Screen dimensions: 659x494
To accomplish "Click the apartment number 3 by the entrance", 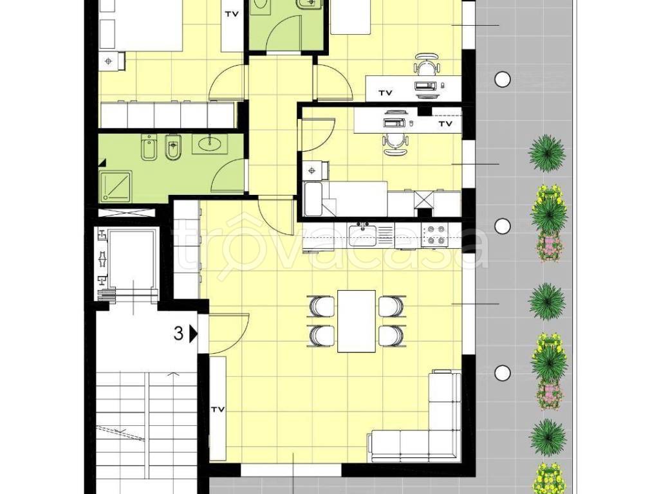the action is pyautogui.click(x=179, y=334).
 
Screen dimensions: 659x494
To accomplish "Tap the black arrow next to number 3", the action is pyautogui.click(x=193, y=334).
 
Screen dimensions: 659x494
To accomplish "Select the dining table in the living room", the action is pyautogui.click(x=357, y=322).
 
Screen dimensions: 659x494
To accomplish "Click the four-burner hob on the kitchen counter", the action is pyautogui.click(x=434, y=235).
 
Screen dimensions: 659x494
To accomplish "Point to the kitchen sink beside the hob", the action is pyautogui.click(x=362, y=235).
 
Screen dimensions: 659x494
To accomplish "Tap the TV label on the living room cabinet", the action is pyautogui.click(x=218, y=409).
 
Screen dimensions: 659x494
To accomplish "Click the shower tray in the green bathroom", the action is pyautogui.click(x=116, y=185).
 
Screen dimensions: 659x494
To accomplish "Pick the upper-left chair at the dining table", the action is pyautogui.click(x=322, y=306).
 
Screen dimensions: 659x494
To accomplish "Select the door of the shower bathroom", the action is pyautogui.click(x=228, y=176).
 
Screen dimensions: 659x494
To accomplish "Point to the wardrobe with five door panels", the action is pyautogui.click(x=168, y=114).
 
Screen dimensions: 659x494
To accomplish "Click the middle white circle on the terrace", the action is pyautogui.click(x=502, y=226).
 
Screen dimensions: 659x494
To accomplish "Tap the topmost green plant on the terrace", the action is pyautogui.click(x=547, y=153).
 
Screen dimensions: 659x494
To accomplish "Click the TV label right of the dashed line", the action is pyautogui.click(x=445, y=124).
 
